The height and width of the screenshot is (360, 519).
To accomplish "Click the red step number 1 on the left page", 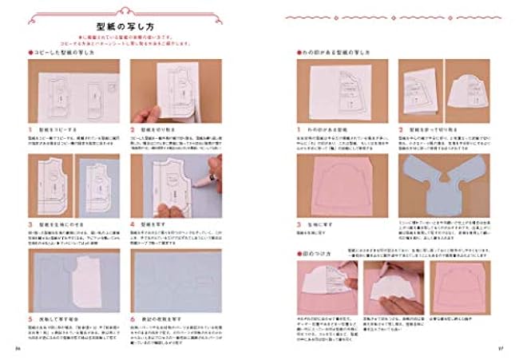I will (32, 128).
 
